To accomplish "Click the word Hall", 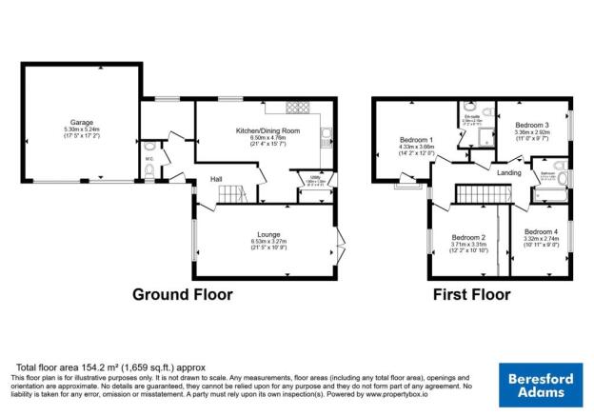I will (x=217, y=178).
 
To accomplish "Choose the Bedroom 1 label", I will (x=416, y=139).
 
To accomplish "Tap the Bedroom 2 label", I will (x=469, y=237).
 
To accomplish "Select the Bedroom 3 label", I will (x=532, y=125).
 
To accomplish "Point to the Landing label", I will (x=508, y=172).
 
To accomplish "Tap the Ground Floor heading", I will (x=182, y=294).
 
